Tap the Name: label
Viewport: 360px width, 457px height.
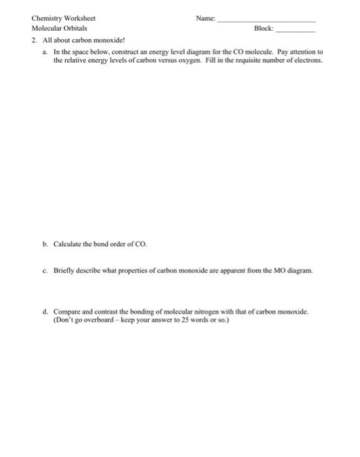pyautogui.click(x=205, y=18)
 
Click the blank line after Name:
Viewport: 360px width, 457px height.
pyautogui.click(x=265, y=21)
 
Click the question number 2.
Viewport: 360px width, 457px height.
pyautogui.click(x=33, y=40)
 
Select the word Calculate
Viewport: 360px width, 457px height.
pyautogui.click(x=71, y=244)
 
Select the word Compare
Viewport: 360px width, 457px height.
pyautogui.click(x=68, y=312)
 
